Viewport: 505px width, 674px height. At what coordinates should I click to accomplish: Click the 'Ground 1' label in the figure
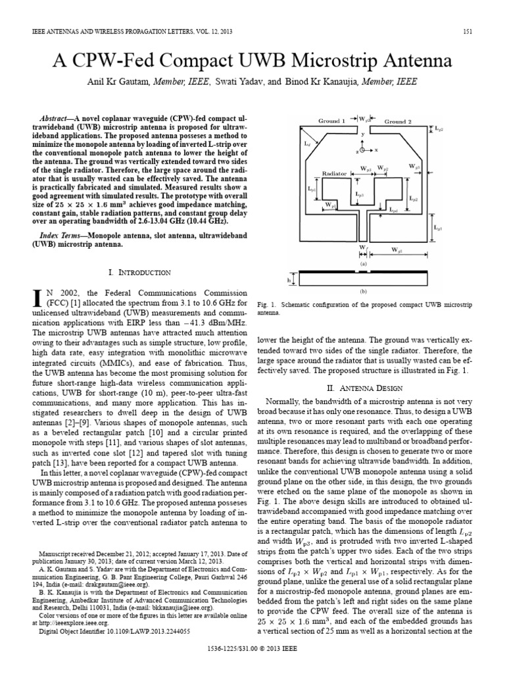pos(332,121)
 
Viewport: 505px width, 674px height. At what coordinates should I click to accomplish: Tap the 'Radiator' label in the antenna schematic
pos(334,174)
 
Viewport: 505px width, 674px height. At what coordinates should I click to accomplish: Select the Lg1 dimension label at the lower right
pos(437,228)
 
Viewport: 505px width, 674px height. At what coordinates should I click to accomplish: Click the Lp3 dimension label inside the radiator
pos(358,195)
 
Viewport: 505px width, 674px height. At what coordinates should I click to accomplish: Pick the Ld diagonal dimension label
pos(307,142)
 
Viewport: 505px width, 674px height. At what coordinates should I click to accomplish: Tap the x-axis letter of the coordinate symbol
pos(376,150)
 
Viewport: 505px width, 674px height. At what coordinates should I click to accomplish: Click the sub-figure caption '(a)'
pos(362,263)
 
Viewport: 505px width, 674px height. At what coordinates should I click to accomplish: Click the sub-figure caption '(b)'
pos(362,290)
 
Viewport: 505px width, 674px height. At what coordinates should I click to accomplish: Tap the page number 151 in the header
pos(468,32)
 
